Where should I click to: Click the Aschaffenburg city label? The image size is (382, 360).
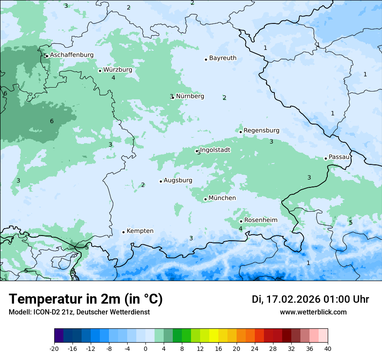(72, 55)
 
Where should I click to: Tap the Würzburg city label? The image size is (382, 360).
(118, 70)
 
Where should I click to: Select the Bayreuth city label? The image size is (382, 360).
(223, 58)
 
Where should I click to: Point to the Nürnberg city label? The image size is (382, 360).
(190, 96)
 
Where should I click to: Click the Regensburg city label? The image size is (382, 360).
(261, 131)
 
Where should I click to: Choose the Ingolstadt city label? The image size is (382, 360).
(215, 150)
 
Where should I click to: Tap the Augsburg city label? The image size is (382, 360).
(178, 180)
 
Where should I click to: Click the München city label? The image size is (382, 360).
(222, 198)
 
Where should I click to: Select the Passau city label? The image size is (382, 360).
(339, 157)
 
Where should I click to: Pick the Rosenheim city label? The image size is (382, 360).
(260, 220)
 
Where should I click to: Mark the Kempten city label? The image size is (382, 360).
(140, 231)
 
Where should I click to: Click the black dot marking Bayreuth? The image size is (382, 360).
(206, 59)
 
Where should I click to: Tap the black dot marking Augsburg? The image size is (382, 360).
(161, 181)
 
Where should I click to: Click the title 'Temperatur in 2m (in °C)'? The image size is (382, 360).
(86, 299)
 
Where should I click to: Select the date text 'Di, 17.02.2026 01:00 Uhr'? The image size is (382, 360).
(310, 299)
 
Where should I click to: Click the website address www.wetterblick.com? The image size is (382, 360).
(313, 312)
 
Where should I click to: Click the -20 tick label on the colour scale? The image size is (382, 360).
(54, 348)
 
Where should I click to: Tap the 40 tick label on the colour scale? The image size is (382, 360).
(327, 348)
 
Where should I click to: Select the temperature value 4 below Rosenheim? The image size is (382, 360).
(240, 229)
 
